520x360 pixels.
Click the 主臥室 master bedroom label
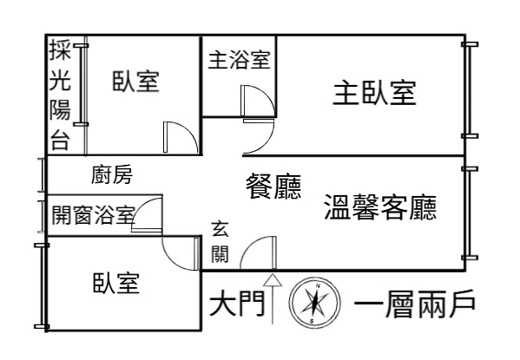pyautogui.click(x=374, y=93)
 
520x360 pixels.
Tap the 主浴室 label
pyautogui.click(x=239, y=60)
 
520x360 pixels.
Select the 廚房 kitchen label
pyautogui.click(x=112, y=174)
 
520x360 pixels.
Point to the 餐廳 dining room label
pyautogui.click(x=273, y=186)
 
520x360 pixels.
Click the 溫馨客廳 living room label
pyautogui.click(x=380, y=206)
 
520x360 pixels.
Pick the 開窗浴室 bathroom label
pyautogui.click(x=94, y=214)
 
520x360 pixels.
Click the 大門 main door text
pyautogui.click(x=237, y=303)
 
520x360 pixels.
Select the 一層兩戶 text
pyautogui.click(x=415, y=304)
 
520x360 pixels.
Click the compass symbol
pyautogui.click(x=314, y=303)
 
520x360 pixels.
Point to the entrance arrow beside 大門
pyautogui.click(x=273, y=298)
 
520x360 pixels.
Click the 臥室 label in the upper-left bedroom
pyautogui.click(x=136, y=82)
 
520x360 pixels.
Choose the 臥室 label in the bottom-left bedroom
pyautogui.click(x=116, y=283)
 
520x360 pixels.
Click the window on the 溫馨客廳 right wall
pyautogui.click(x=470, y=213)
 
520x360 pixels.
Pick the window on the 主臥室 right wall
pyautogui.click(x=470, y=90)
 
